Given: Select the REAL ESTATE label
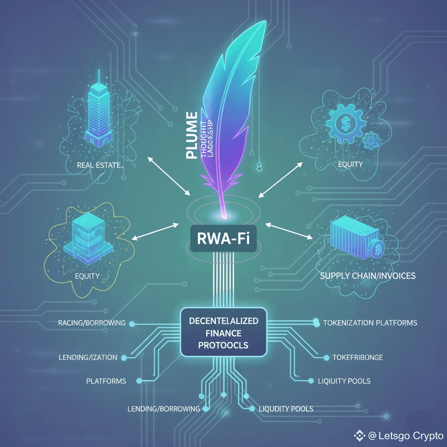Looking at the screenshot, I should point(99,165).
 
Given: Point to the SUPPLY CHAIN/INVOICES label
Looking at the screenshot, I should point(368,276).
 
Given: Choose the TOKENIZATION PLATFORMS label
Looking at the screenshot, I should point(370,323).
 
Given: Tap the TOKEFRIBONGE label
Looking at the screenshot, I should point(358,358).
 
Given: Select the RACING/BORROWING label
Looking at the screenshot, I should point(92,323).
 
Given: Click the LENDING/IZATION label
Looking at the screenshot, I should point(88,358).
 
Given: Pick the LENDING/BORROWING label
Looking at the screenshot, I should point(163,409).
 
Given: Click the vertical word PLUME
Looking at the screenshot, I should point(190,135).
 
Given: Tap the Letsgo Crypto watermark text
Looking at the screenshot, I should point(406,436).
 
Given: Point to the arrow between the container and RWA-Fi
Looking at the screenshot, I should point(289,231).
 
